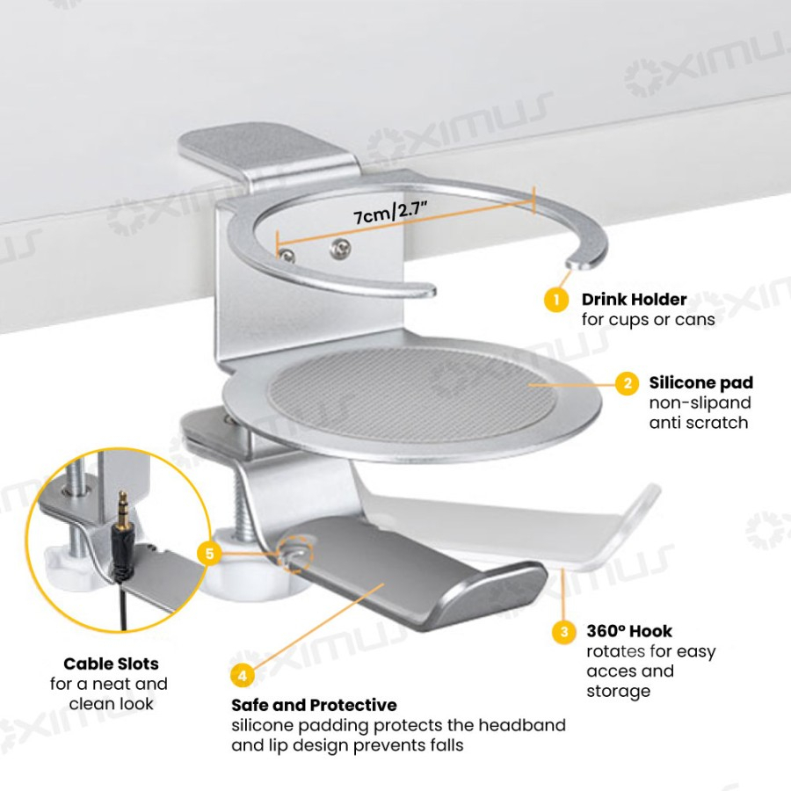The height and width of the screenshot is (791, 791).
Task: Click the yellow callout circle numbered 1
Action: tap(556, 300)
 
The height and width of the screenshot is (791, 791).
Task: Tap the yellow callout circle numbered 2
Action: tap(628, 384)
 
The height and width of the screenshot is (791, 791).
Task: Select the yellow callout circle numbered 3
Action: tap(564, 632)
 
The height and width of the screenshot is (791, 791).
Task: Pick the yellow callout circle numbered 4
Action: tap(243, 675)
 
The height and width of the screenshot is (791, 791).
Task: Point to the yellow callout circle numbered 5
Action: tap(209, 554)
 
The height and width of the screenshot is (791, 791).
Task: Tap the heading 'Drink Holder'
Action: tap(634, 300)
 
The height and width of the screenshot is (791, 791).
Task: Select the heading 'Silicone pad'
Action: tap(700, 383)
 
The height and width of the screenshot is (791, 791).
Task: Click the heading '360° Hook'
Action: tap(629, 631)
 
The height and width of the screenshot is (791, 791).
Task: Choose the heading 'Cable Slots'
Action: tap(111, 664)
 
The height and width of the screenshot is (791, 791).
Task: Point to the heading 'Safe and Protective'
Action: tap(314, 705)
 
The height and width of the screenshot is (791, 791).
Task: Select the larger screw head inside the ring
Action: tap(340, 247)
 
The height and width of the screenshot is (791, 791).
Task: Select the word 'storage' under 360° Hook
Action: tap(618, 692)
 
